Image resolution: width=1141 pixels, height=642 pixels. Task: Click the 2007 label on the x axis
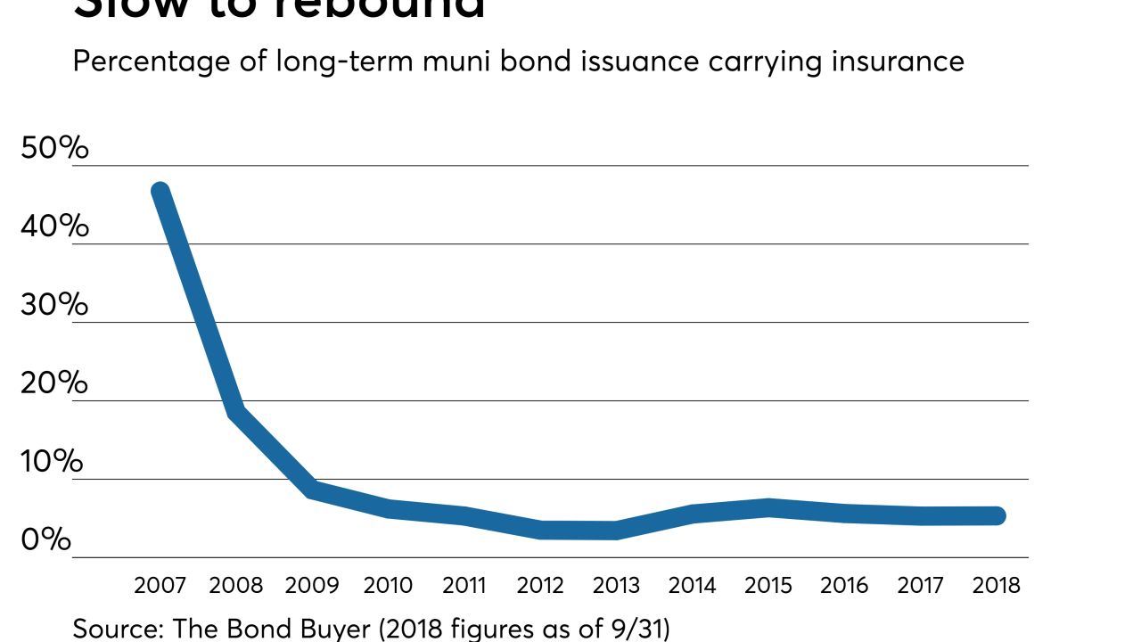coord(160,585)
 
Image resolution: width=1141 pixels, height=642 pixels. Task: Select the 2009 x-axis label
coord(312,585)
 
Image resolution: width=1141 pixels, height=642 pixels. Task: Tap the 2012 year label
coord(540,585)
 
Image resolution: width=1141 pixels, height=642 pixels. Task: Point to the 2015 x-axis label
coord(768,585)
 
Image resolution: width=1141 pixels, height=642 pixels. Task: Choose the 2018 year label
coord(996,585)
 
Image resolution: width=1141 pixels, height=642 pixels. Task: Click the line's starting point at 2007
coord(160,192)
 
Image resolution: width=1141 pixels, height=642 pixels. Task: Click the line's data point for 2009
coord(312,489)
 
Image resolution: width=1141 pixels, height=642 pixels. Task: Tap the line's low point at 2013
coord(616,531)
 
